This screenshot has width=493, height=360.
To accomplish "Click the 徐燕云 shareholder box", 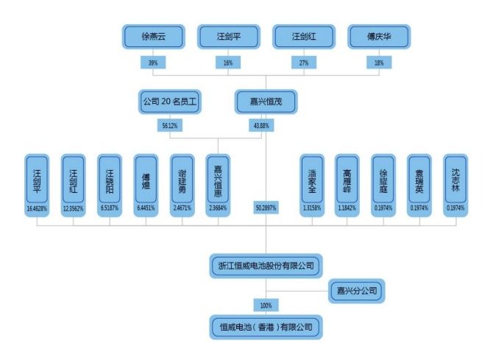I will (152, 36).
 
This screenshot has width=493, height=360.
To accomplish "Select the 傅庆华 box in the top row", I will (379, 36).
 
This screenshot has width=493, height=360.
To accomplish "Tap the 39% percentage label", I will (153, 63).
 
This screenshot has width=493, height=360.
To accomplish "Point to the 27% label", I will (303, 63).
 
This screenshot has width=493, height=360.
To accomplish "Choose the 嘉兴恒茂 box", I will (267, 102).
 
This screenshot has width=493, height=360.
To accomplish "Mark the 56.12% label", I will (170, 126).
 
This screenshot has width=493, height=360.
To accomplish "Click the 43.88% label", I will (260, 126).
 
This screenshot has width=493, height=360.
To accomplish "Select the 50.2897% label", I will (266, 209).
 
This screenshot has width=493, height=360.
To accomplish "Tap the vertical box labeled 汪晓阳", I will (109, 179).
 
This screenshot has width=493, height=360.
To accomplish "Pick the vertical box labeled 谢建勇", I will (182, 179).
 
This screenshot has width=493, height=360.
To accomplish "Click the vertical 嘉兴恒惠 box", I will (217, 179).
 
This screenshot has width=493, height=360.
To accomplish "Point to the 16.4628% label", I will (37, 209).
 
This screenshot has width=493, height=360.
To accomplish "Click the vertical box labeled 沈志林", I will (455, 179).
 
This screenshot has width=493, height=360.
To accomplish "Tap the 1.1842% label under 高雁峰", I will (347, 209).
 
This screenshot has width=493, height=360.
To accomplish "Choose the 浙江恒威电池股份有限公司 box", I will (266, 265).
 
